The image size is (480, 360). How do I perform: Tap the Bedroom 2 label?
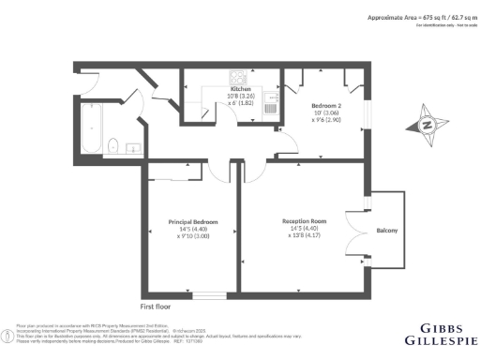coord(327,105)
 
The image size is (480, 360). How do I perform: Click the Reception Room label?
coord(304,221)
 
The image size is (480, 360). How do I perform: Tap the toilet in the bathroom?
coord(112,144)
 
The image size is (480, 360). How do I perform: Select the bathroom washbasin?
coord(132,146)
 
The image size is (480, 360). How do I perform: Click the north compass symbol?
coord(426,125)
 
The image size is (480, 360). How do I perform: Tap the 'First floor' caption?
coord(159,307)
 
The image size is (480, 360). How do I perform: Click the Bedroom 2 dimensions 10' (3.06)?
coord(327,113)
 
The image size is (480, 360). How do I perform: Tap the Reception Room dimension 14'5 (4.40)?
coord(304,229)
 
